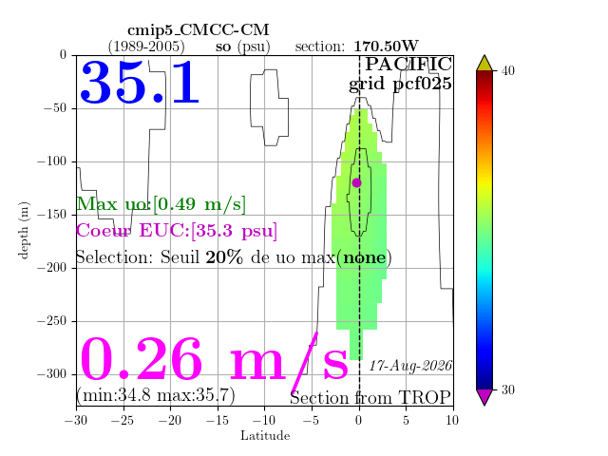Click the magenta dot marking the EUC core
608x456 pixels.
point(357,182)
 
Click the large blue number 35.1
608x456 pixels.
point(140,83)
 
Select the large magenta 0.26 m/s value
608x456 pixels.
point(214,359)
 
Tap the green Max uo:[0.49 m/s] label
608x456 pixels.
point(161,204)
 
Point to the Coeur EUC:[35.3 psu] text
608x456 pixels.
point(177,231)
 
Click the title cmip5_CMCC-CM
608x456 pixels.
point(199,29)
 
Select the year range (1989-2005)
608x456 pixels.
point(146,47)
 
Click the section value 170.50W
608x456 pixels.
point(386,47)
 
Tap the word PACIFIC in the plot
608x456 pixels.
point(408,64)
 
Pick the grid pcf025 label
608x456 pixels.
point(400,85)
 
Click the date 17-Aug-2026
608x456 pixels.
point(410,366)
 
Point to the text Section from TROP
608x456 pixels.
point(370,398)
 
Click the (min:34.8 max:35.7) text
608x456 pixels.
point(156,395)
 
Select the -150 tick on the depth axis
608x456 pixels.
point(52,215)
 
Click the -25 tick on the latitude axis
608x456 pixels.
point(123,420)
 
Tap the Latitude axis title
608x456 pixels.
point(265,436)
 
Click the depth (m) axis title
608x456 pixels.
point(24,230)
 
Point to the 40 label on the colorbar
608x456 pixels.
point(508,70)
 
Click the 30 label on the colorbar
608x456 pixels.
point(508,389)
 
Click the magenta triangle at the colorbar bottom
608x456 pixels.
point(484,395)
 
